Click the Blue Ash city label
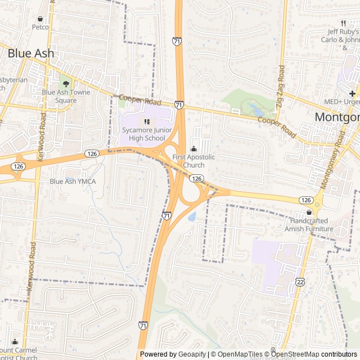(31, 53)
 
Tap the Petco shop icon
(40, 19)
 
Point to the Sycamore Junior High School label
(144, 134)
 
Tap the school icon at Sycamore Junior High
(147, 121)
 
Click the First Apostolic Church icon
(193, 149)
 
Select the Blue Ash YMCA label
(73, 181)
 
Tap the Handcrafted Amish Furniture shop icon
(308, 213)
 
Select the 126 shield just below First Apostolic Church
(196, 178)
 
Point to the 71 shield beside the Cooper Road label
(178, 105)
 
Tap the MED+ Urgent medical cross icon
(352, 93)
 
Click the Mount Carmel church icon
(15, 342)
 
